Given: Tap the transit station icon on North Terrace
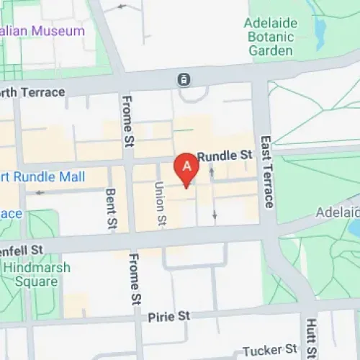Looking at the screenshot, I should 185,78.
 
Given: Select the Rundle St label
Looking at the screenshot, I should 226,155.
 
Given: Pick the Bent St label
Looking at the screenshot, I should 111,207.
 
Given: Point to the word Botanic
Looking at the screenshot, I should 271,37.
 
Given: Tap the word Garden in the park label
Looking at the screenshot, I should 271,50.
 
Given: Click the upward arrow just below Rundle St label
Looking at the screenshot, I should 211,171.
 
